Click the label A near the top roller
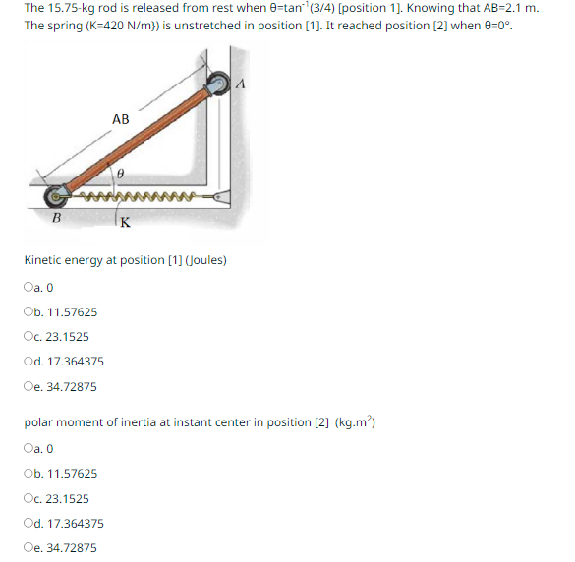tap(239, 84)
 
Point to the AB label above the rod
tap(120, 119)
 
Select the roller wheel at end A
tap(217, 85)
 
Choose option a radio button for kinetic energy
tap(27, 288)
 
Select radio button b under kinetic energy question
tap(27, 312)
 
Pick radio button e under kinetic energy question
tap(27, 387)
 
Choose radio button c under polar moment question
tap(27, 499)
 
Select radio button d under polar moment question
tap(27, 524)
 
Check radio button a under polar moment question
tap(27, 449)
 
